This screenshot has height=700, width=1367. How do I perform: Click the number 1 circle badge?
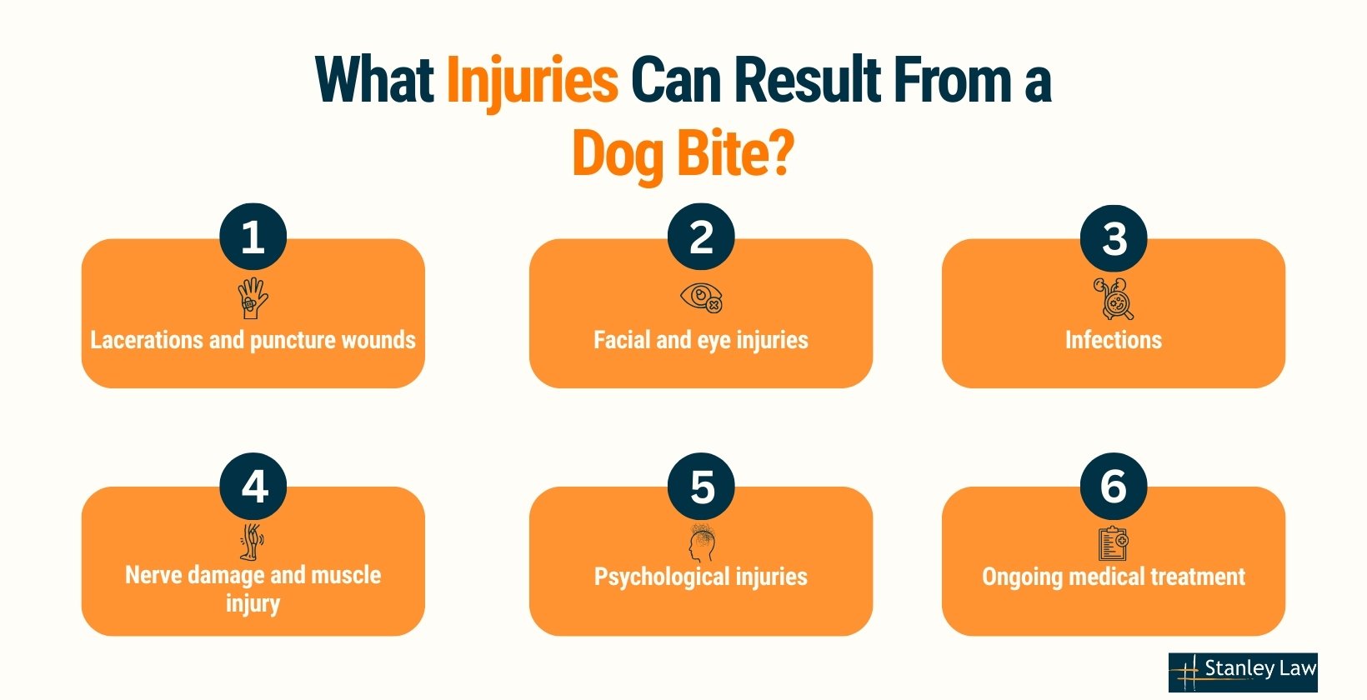pyautogui.click(x=253, y=237)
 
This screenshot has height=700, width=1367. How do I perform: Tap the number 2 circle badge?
pyautogui.click(x=701, y=237)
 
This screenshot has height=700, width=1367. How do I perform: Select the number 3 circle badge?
pyautogui.click(x=1114, y=238)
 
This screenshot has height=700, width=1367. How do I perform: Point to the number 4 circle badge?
pyautogui.click(x=253, y=487)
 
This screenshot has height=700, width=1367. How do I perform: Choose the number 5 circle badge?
pyautogui.click(x=701, y=487)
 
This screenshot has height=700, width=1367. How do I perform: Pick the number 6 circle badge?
pyautogui.click(x=1114, y=487)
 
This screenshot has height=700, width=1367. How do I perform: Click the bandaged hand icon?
pyautogui.click(x=253, y=298)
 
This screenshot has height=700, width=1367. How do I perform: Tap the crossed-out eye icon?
pyautogui.click(x=701, y=298)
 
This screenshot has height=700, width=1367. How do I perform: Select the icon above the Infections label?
pyautogui.click(x=1114, y=298)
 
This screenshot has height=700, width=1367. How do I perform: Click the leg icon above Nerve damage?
pyautogui.click(x=252, y=542)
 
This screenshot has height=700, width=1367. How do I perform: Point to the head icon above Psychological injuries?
pyautogui.click(x=702, y=543)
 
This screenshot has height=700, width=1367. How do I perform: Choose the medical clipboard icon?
pyautogui.click(x=1113, y=544)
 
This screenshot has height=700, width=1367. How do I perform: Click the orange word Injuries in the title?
pyautogui.click(x=532, y=81)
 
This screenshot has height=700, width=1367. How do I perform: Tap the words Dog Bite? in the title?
pyautogui.click(x=683, y=155)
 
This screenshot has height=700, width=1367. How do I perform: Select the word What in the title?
pyautogui.click(x=374, y=81)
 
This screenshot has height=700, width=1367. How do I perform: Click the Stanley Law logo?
pyautogui.click(x=1242, y=672)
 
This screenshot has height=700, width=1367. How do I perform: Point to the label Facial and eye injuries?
pyautogui.click(x=701, y=340)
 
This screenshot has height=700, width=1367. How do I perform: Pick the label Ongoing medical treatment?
pyautogui.click(x=1114, y=577)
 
